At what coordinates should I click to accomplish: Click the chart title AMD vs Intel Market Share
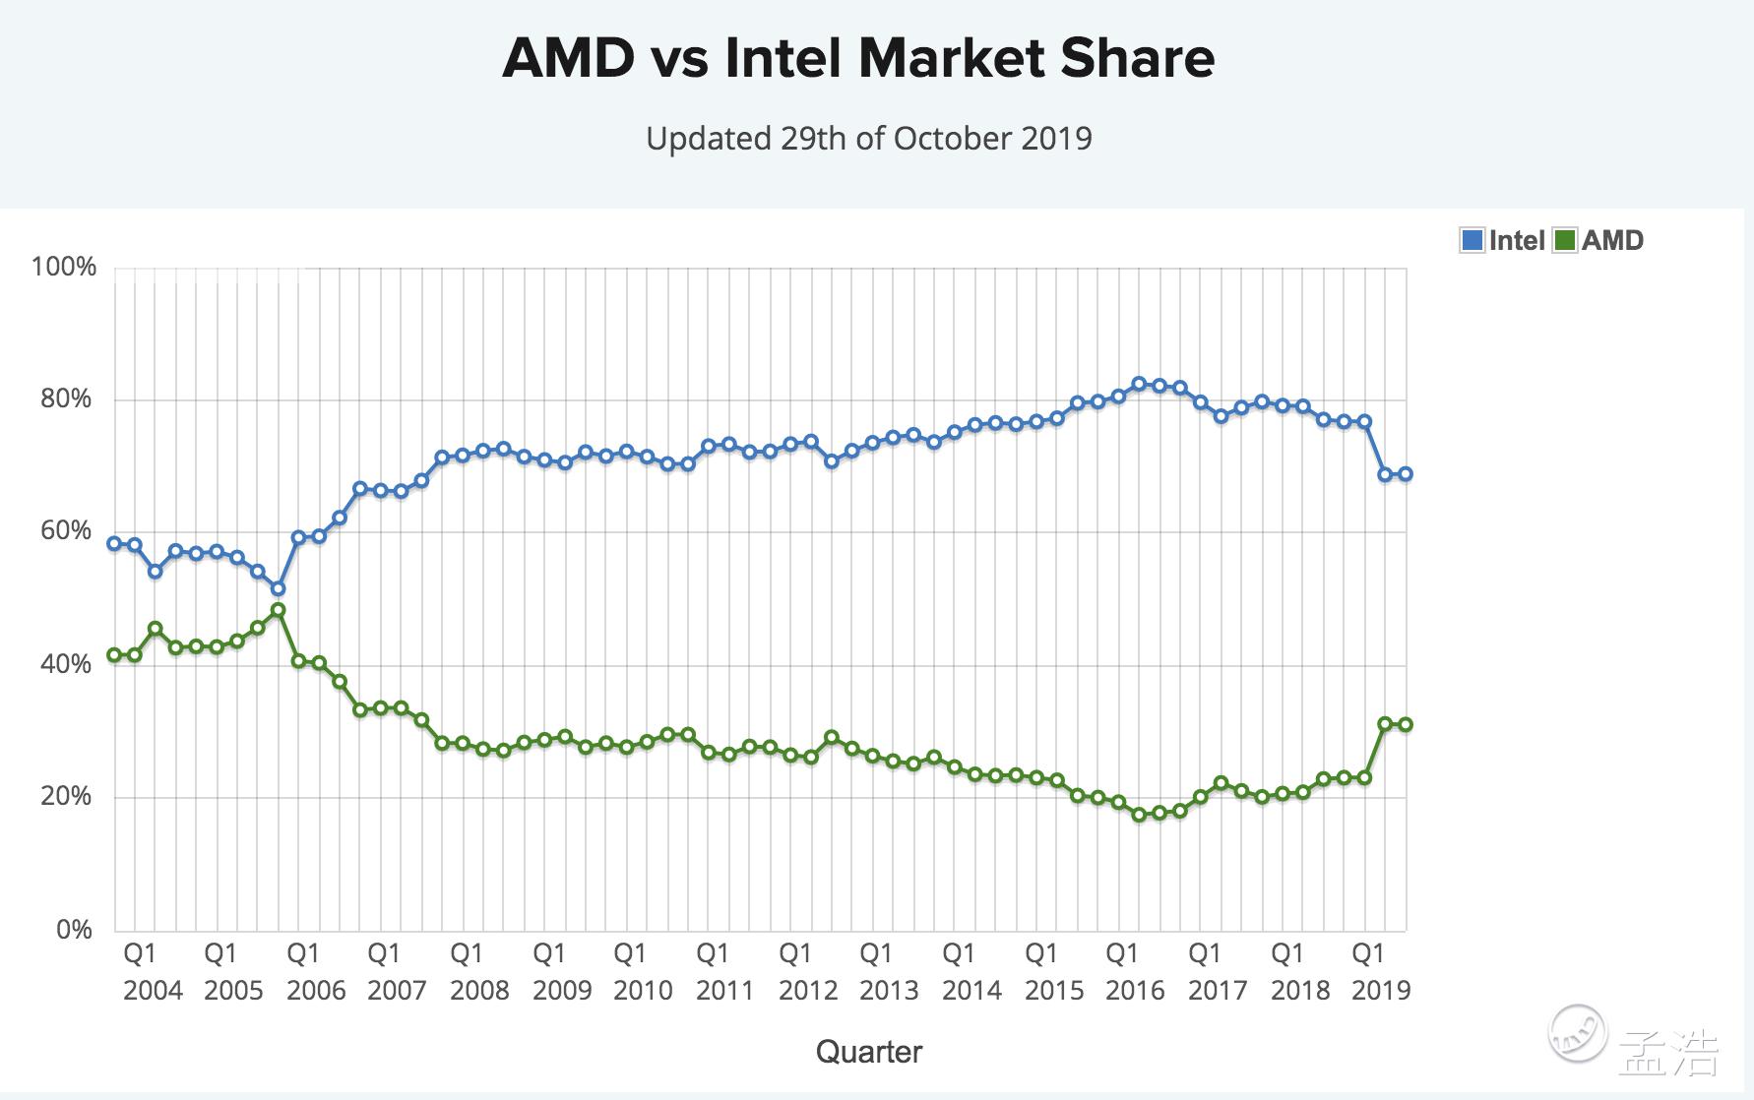(858, 58)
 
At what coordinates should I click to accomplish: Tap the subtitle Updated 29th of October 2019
(869, 139)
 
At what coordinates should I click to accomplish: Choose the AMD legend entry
(1598, 240)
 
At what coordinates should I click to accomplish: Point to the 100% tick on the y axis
(64, 267)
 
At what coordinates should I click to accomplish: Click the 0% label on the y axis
(74, 929)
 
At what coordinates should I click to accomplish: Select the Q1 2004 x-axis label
(152, 971)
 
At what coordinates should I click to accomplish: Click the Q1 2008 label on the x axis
(479, 971)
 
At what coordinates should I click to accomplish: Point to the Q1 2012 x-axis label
(808, 971)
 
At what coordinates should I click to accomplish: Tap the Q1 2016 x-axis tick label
(1135, 971)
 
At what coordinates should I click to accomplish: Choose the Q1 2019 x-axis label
(1381, 971)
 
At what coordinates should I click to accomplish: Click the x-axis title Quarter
(869, 1052)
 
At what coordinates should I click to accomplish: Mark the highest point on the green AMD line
(279, 610)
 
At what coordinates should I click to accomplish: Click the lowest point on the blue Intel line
(279, 588)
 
